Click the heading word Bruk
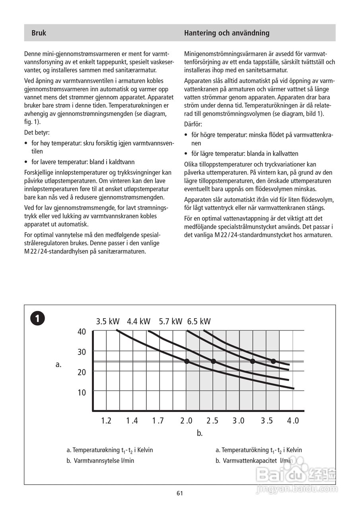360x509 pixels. point(39,33)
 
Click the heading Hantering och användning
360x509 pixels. point(226,33)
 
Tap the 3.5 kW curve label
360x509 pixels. point(107,321)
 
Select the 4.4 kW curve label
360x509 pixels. point(139,321)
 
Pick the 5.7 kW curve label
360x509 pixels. point(170,321)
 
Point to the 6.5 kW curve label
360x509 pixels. point(199,321)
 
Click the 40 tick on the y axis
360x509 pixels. point(82,332)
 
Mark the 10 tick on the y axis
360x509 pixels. point(82,392)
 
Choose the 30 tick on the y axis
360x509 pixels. point(82,352)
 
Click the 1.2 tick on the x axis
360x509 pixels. point(106,421)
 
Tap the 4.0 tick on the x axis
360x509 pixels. point(293,421)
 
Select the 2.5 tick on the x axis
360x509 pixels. point(212,421)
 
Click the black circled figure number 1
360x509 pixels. point(37,319)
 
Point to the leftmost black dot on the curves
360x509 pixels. point(187,361)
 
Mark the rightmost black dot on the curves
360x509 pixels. point(273,361)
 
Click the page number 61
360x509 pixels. point(180,493)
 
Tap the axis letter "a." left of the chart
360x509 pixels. point(58,364)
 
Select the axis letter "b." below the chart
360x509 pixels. point(200,433)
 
